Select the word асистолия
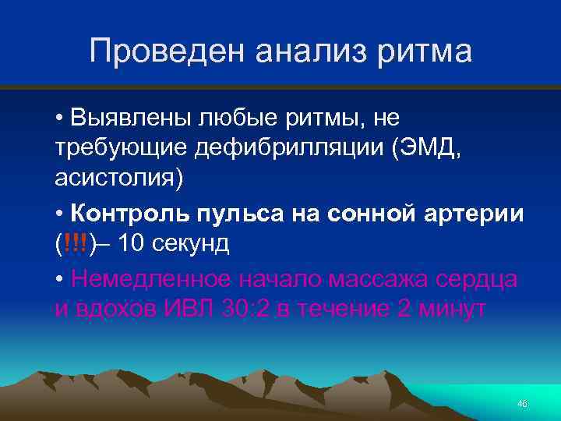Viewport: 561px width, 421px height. pyautogui.click(x=117, y=179)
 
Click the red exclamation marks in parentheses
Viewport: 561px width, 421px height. pyautogui.click(x=77, y=243)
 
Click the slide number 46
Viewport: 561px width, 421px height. pyautogui.click(x=522, y=403)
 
